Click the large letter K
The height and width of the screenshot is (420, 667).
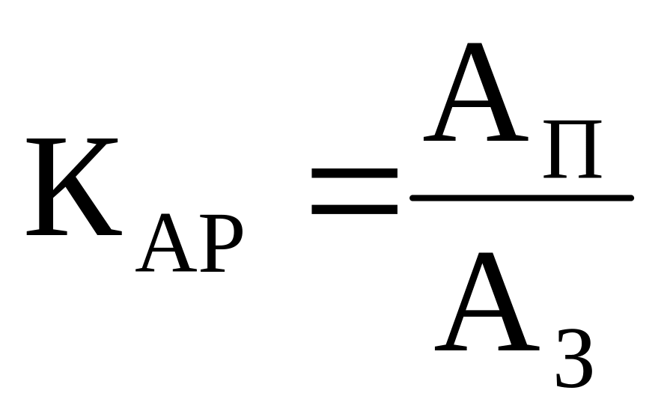coord(71,187)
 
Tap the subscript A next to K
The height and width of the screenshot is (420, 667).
coord(163,247)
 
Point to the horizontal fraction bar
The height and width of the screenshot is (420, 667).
coord(522,198)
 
